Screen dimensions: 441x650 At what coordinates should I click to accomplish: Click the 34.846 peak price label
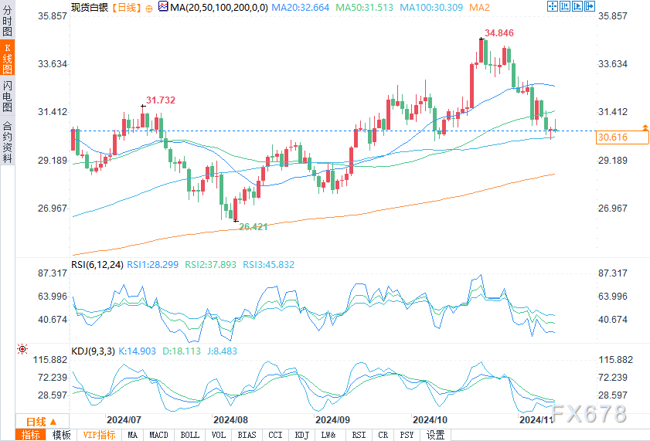499,33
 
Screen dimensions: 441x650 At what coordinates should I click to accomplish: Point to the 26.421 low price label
253,226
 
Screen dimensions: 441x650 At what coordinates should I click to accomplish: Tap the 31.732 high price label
160,100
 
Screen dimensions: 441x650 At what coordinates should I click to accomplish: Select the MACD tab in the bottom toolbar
158,435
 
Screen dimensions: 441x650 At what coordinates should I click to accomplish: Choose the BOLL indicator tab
189,435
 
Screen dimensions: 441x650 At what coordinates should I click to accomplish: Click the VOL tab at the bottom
218,435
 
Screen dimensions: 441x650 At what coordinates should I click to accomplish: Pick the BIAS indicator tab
247,435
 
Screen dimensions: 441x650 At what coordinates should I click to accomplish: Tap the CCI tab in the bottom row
275,435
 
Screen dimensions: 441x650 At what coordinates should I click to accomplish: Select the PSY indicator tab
407,435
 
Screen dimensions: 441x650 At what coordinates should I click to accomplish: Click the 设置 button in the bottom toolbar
436,435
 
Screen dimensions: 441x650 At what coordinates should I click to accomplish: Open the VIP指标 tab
99,435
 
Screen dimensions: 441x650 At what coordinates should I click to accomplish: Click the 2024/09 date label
333,419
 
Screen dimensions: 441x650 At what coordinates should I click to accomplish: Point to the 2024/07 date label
123,419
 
